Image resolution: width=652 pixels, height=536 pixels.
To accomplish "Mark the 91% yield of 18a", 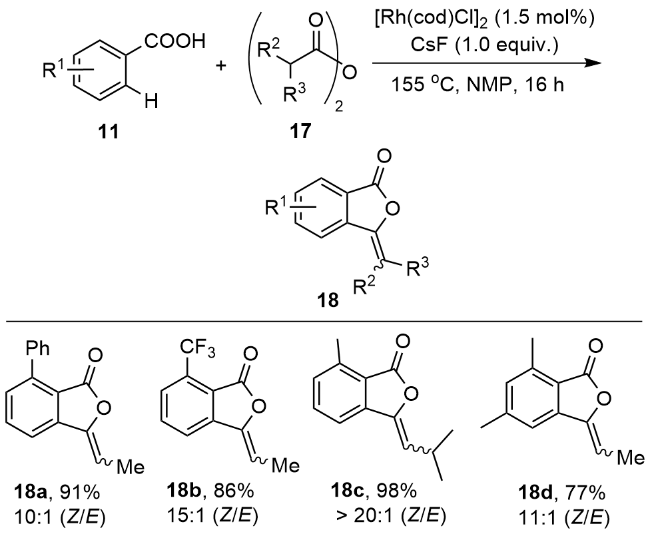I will (85, 494).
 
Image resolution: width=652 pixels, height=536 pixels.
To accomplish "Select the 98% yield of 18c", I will (398, 494).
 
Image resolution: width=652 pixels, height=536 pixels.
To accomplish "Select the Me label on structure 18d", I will (629, 458).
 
